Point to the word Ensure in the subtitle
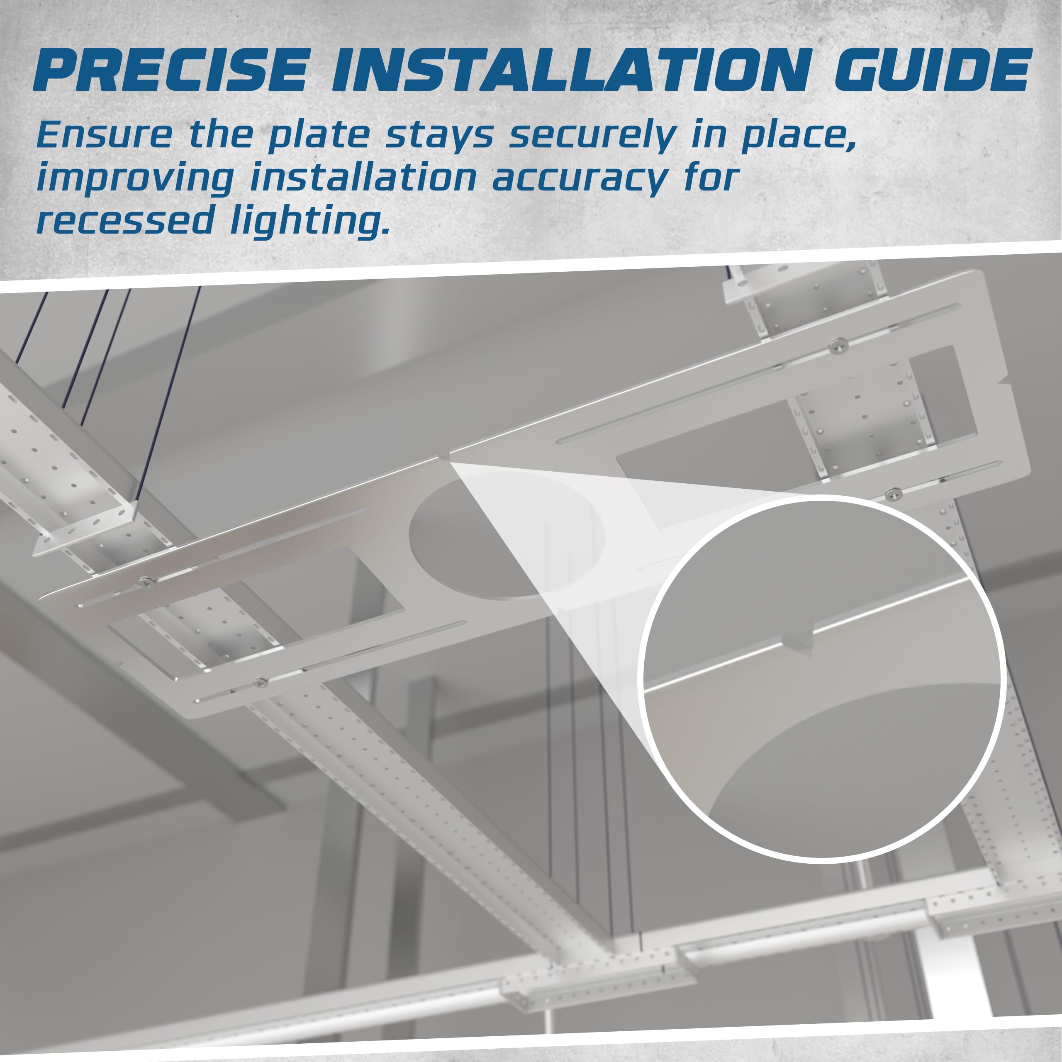(105, 135)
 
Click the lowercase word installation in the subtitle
(363, 178)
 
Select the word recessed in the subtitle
(125, 220)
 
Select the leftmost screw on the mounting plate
(146, 580)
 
